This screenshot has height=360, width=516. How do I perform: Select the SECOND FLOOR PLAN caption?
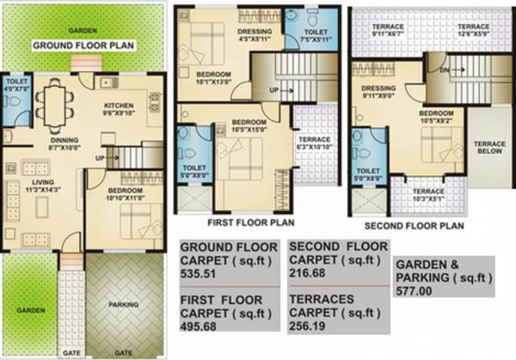pos(414,226)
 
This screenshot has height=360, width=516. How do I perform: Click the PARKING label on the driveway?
pos(124,304)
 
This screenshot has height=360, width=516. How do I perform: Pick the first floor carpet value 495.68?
pos(200,326)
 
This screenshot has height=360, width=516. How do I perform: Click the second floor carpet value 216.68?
pos(308,273)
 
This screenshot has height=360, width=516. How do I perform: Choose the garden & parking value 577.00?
pos(416,291)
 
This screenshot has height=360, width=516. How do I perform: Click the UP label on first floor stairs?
pos(274,89)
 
